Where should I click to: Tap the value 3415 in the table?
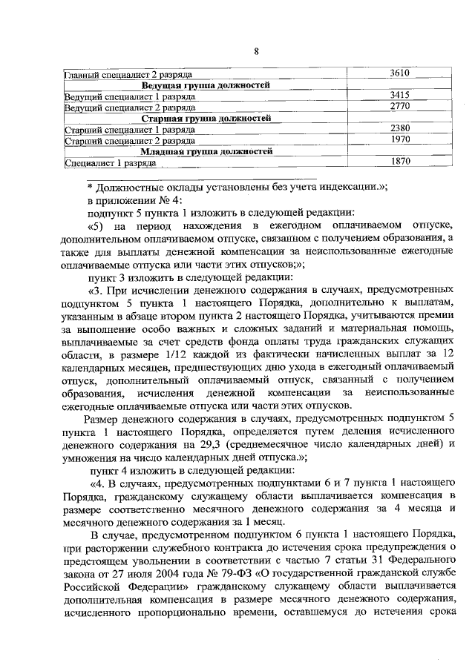click(x=399, y=96)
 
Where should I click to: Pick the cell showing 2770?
click(x=399, y=107)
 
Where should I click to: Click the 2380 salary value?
click(x=399, y=128)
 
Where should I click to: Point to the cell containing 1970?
click(x=399, y=139)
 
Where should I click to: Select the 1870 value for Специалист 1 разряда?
click(x=399, y=161)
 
